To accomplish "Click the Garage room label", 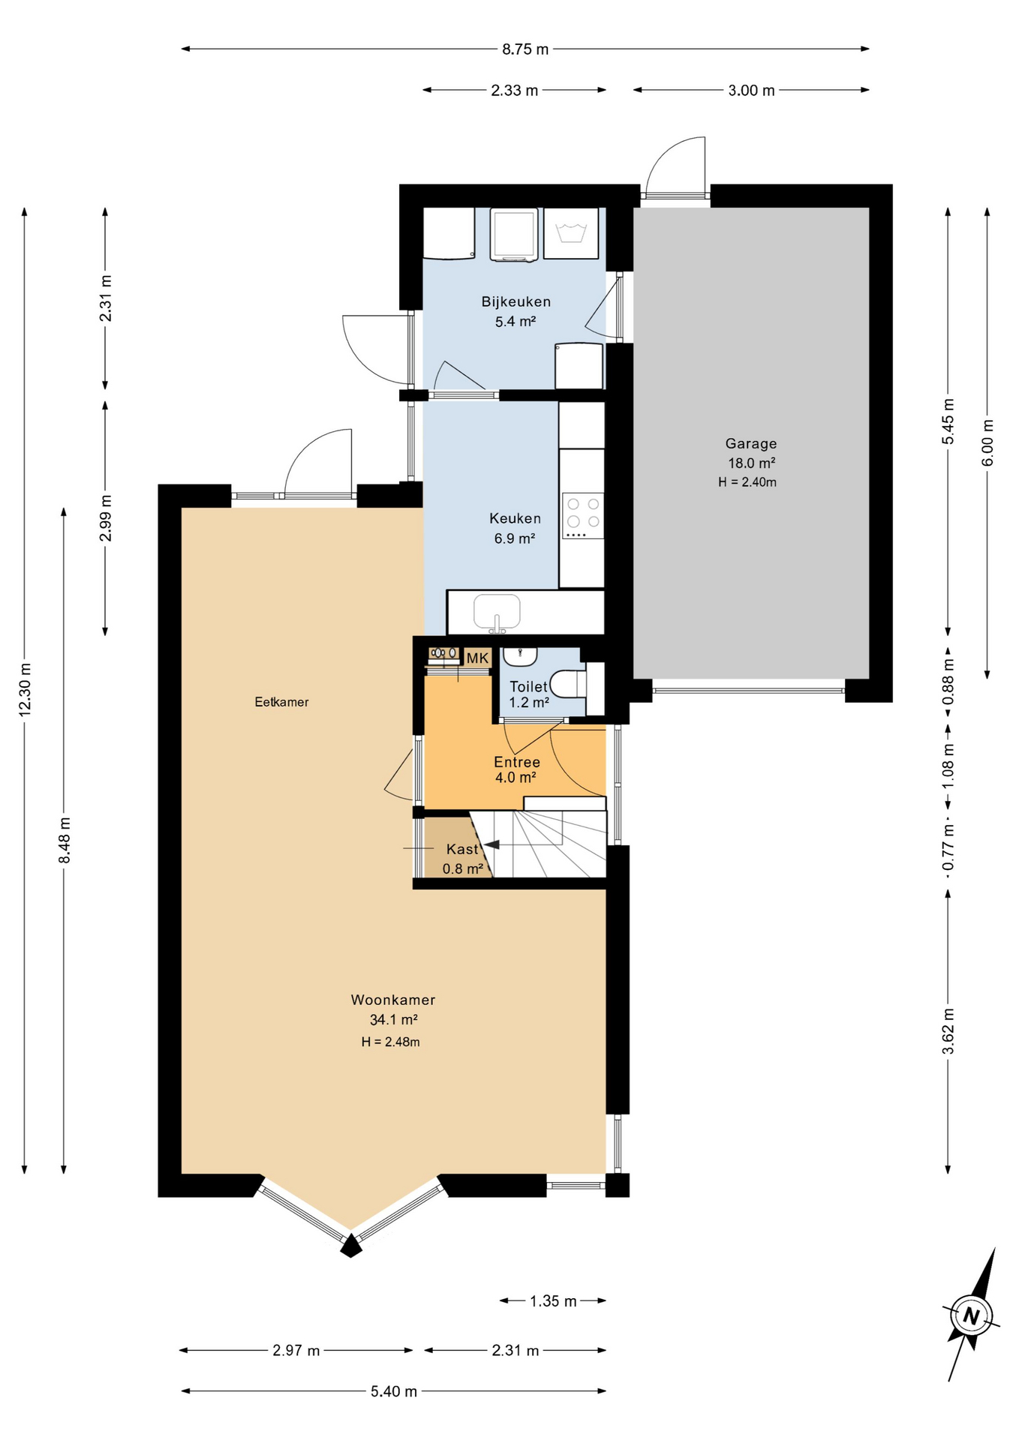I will (750, 443).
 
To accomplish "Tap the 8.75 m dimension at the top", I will (525, 49).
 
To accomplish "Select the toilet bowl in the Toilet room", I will (567, 684).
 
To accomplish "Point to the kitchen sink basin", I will (497, 612).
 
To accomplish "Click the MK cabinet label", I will (477, 658).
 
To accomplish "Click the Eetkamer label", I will (281, 702).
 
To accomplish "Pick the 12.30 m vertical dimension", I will (25, 689).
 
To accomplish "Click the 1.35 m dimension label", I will (553, 1301).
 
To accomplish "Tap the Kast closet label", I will (462, 849).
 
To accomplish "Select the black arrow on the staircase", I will (492, 845).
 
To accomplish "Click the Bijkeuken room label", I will (516, 301).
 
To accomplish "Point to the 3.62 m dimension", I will (948, 1031).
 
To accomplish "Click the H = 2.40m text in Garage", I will (747, 482).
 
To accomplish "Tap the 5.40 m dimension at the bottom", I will (393, 1391).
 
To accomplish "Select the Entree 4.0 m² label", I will (516, 769).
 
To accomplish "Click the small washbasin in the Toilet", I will (519, 658).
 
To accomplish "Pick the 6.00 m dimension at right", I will (987, 442).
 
